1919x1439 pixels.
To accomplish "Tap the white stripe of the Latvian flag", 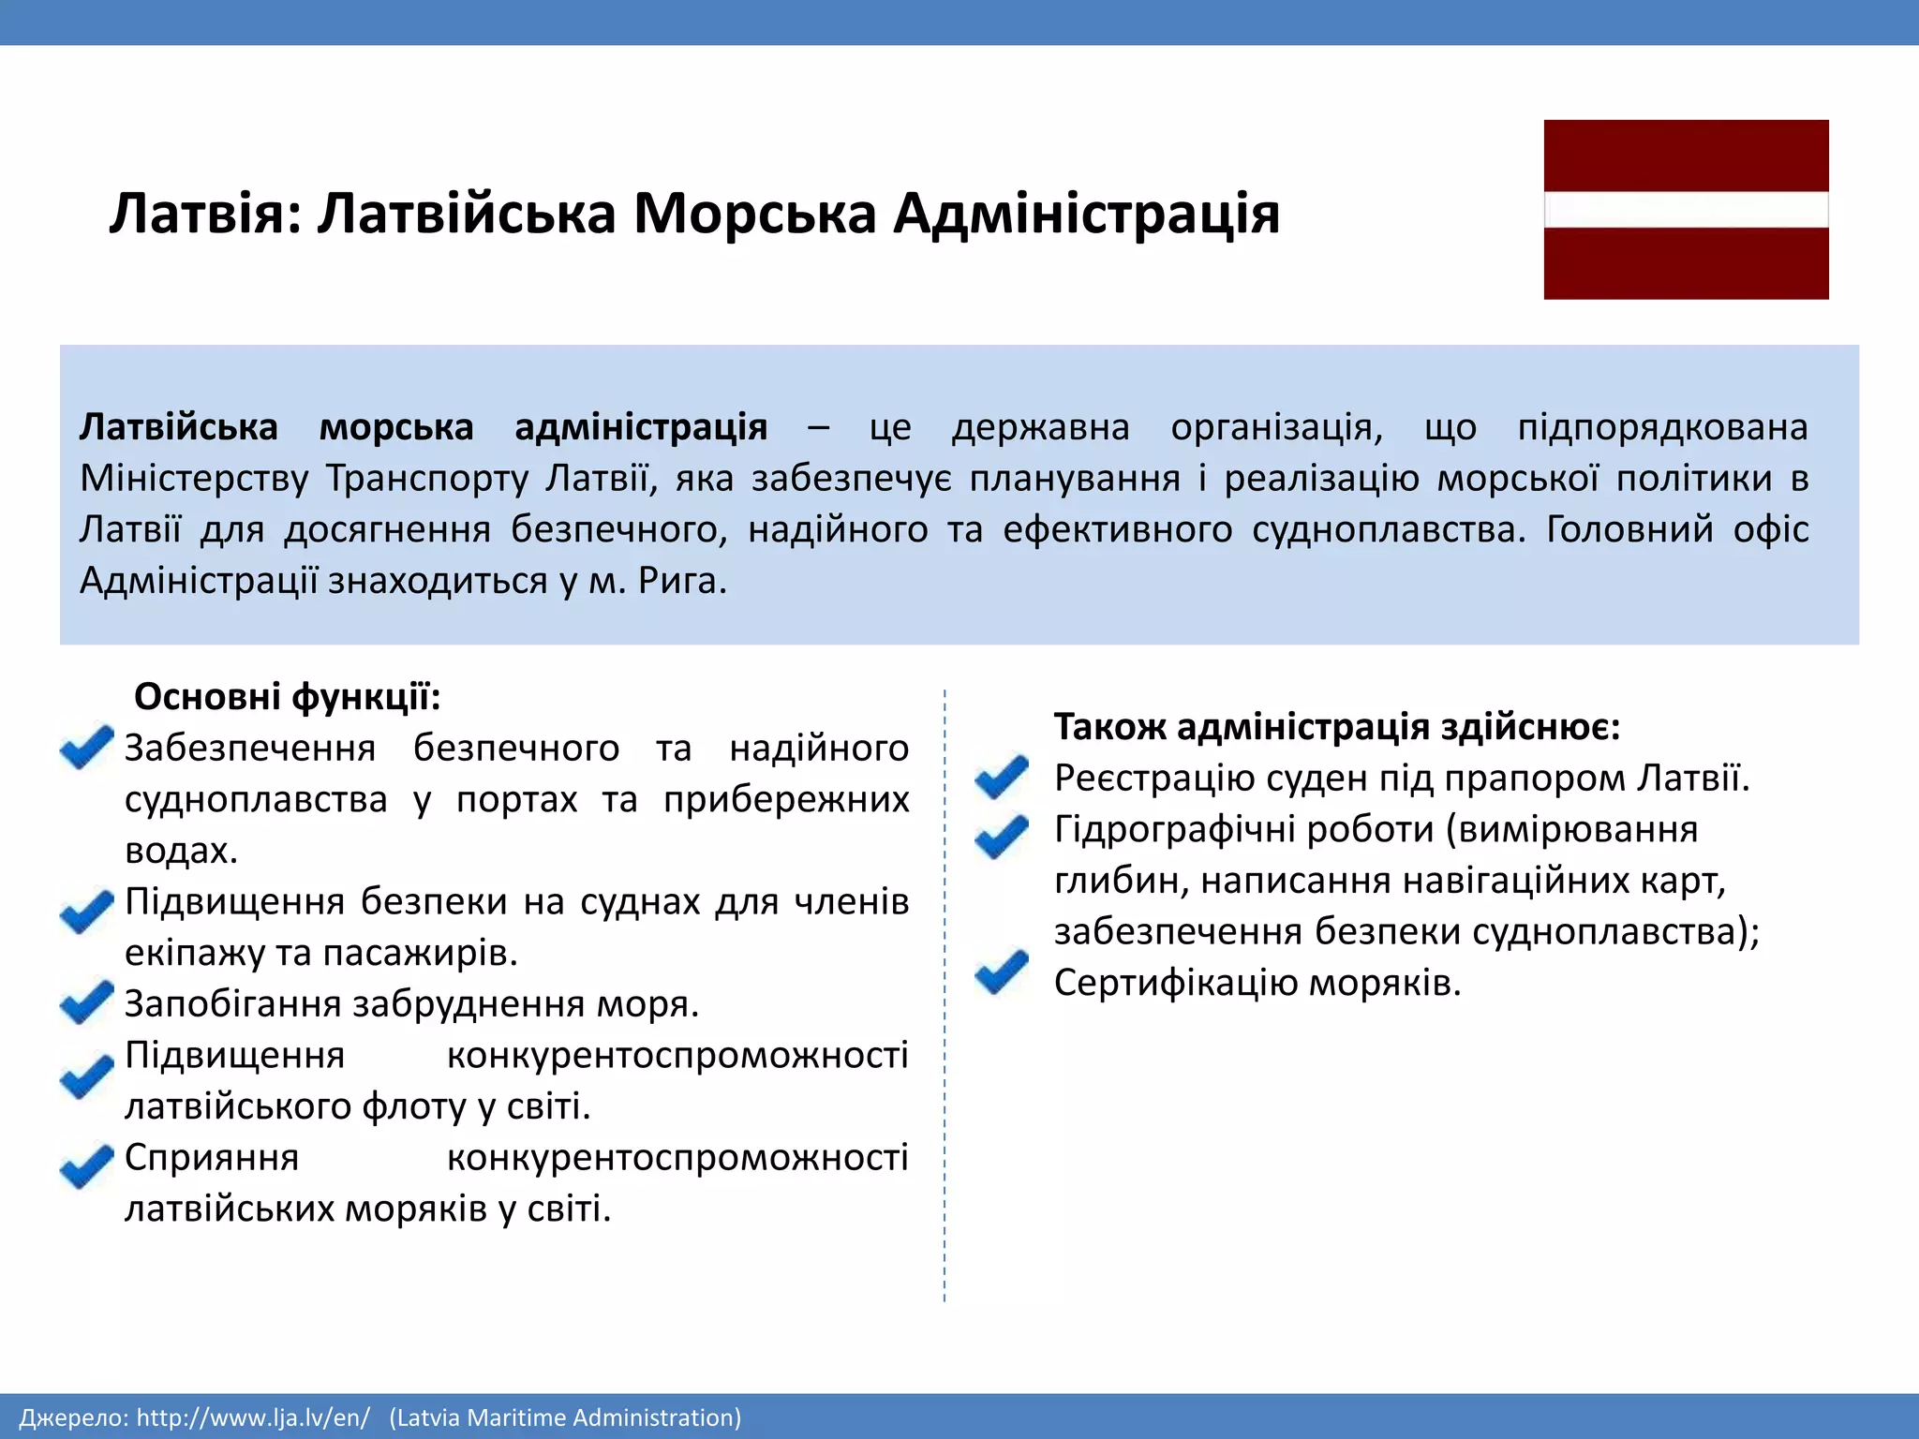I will pos(1686,210).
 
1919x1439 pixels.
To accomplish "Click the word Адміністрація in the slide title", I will pos(1086,214).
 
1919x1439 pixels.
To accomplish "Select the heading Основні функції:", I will pos(287,697).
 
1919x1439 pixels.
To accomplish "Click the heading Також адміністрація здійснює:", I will pos(1337,727).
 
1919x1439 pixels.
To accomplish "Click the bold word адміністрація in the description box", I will pos(641,427).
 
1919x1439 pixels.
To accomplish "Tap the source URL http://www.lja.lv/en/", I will pos(253,1417).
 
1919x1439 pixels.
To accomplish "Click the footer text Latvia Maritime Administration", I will pos(565,1417).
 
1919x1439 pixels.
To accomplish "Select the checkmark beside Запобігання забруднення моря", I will pos(86,1001).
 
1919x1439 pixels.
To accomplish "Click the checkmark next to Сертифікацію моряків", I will pos(1001,972).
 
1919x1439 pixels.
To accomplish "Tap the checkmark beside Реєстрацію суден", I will pos(1001,777).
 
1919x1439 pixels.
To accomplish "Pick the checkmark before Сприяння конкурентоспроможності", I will pos(86,1165).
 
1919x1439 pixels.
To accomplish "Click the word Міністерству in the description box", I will pos(194,479).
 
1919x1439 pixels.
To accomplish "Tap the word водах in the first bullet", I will pos(181,851).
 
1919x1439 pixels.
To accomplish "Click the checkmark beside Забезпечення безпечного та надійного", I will pos(86,748).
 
